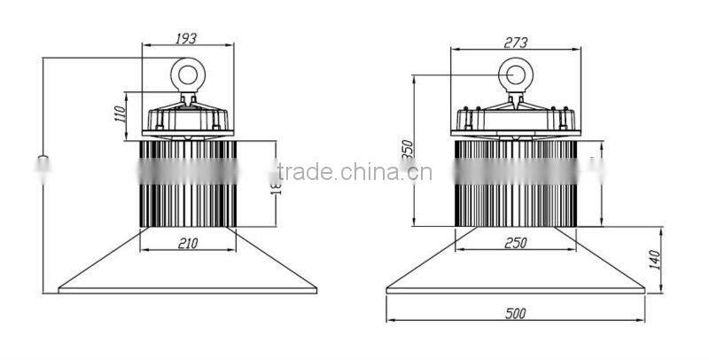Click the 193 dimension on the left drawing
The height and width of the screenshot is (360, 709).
tap(185, 38)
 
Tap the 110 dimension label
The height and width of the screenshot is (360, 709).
tap(119, 114)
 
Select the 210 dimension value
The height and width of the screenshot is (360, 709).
tap(186, 242)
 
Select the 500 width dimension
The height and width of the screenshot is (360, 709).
tap(515, 312)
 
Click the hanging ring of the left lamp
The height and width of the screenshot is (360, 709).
tap(188, 74)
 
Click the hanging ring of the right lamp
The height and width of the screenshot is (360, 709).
tap(515, 74)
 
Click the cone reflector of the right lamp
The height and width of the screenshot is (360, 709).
tap(515, 266)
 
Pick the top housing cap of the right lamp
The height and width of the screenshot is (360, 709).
tap(515, 118)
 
